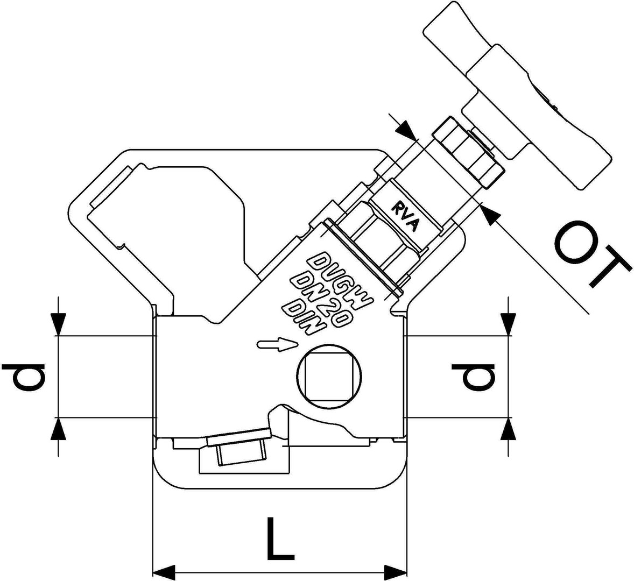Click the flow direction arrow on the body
[277, 344]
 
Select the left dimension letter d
[24, 376]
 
